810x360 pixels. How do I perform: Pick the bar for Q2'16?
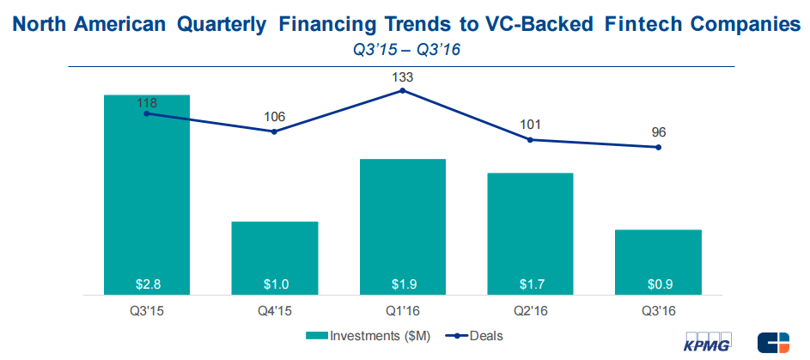[530, 232]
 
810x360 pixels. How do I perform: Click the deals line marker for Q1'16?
[403, 89]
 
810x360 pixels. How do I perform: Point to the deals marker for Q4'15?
[275, 131]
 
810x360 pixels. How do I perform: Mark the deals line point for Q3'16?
[659, 148]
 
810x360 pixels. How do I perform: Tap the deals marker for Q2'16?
[531, 139]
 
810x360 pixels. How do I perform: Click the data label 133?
[403, 76]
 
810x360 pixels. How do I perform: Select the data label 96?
[659, 132]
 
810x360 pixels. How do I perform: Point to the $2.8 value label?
[147, 283]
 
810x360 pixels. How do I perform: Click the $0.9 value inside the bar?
[659, 283]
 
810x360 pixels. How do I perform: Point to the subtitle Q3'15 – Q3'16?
[406, 50]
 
